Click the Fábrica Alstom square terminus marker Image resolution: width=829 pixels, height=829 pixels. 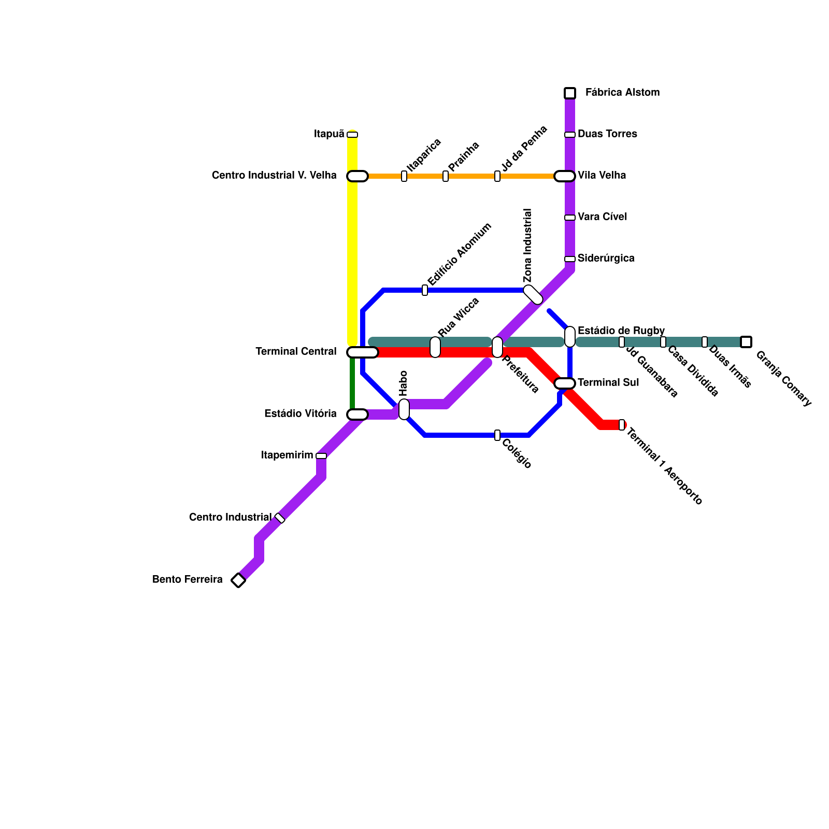pyautogui.click(x=570, y=93)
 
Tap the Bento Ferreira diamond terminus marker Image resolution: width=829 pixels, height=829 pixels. pyautogui.click(x=238, y=580)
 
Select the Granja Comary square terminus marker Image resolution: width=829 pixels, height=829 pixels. pyautogui.click(x=746, y=342)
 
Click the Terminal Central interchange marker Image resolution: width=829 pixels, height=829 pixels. pyautogui.click(x=362, y=352)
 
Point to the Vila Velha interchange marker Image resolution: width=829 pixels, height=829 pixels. pyautogui.click(x=565, y=176)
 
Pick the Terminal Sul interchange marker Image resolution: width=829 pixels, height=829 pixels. pyautogui.click(x=565, y=383)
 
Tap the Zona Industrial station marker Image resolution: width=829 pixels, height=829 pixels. pyautogui.click(x=533, y=295)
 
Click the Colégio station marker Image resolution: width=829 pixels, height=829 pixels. pyautogui.click(x=497, y=435)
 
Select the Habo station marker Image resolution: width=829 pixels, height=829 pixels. pyautogui.click(x=404, y=409)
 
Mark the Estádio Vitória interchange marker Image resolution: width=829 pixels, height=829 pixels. pyautogui.click(x=358, y=414)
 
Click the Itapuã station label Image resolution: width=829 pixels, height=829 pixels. pyautogui.click(x=329, y=134)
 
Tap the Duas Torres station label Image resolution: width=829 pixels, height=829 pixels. pyautogui.click(x=607, y=134)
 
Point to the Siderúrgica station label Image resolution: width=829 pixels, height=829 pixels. pyautogui.click(x=606, y=259)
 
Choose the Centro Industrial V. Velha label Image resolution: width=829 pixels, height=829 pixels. pyautogui.click(x=274, y=176)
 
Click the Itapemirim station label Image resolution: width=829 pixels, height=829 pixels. pyautogui.click(x=287, y=455)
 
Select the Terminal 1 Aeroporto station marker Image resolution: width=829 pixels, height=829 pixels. pyautogui.click(x=622, y=425)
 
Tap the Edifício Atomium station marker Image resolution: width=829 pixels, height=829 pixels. pyautogui.click(x=425, y=290)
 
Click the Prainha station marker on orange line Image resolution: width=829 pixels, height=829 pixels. pyautogui.click(x=446, y=176)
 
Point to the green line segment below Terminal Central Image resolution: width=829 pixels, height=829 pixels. pyautogui.click(x=352, y=383)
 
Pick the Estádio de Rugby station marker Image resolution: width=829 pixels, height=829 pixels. pyautogui.click(x=570, y=337)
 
